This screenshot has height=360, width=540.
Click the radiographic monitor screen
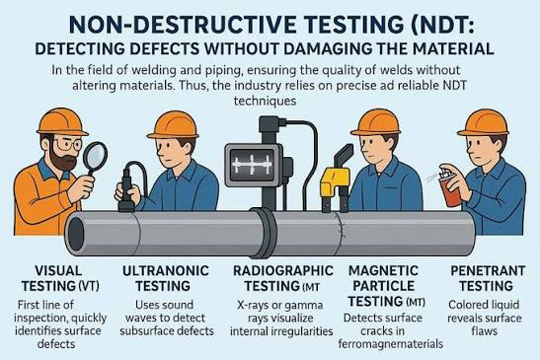click(x=253, y=165)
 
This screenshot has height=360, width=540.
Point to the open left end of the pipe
click(x=76, y=234)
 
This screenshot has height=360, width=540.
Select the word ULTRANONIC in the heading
click(x=166, y=271)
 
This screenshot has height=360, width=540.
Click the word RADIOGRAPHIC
click(x=283, y=271)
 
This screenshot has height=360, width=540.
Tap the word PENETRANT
click(x=488, y=271)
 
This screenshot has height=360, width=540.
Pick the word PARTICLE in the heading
click(x=384, y=286)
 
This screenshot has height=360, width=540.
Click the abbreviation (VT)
click(x=89, y=286)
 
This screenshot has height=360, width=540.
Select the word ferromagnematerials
click(x=391, y=344)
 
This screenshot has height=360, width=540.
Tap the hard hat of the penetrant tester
click(x=483, y=123)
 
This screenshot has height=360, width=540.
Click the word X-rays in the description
click(x=253, y=305)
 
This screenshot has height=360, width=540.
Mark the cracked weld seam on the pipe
click(x=341, y=233)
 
